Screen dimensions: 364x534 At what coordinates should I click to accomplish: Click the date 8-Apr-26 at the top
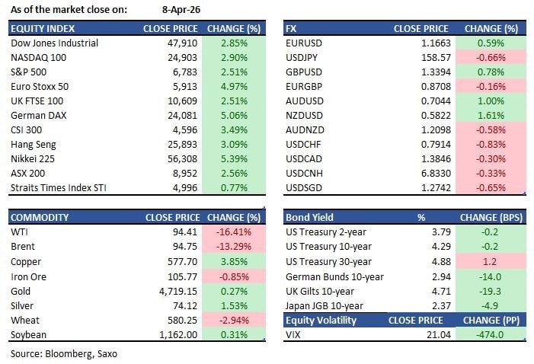coord(181,10)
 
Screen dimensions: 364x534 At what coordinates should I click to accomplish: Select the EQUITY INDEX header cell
coord(42,28)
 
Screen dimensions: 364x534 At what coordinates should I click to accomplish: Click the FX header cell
coord(291,28)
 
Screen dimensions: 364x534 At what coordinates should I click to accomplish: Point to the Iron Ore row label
coord(29,276)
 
